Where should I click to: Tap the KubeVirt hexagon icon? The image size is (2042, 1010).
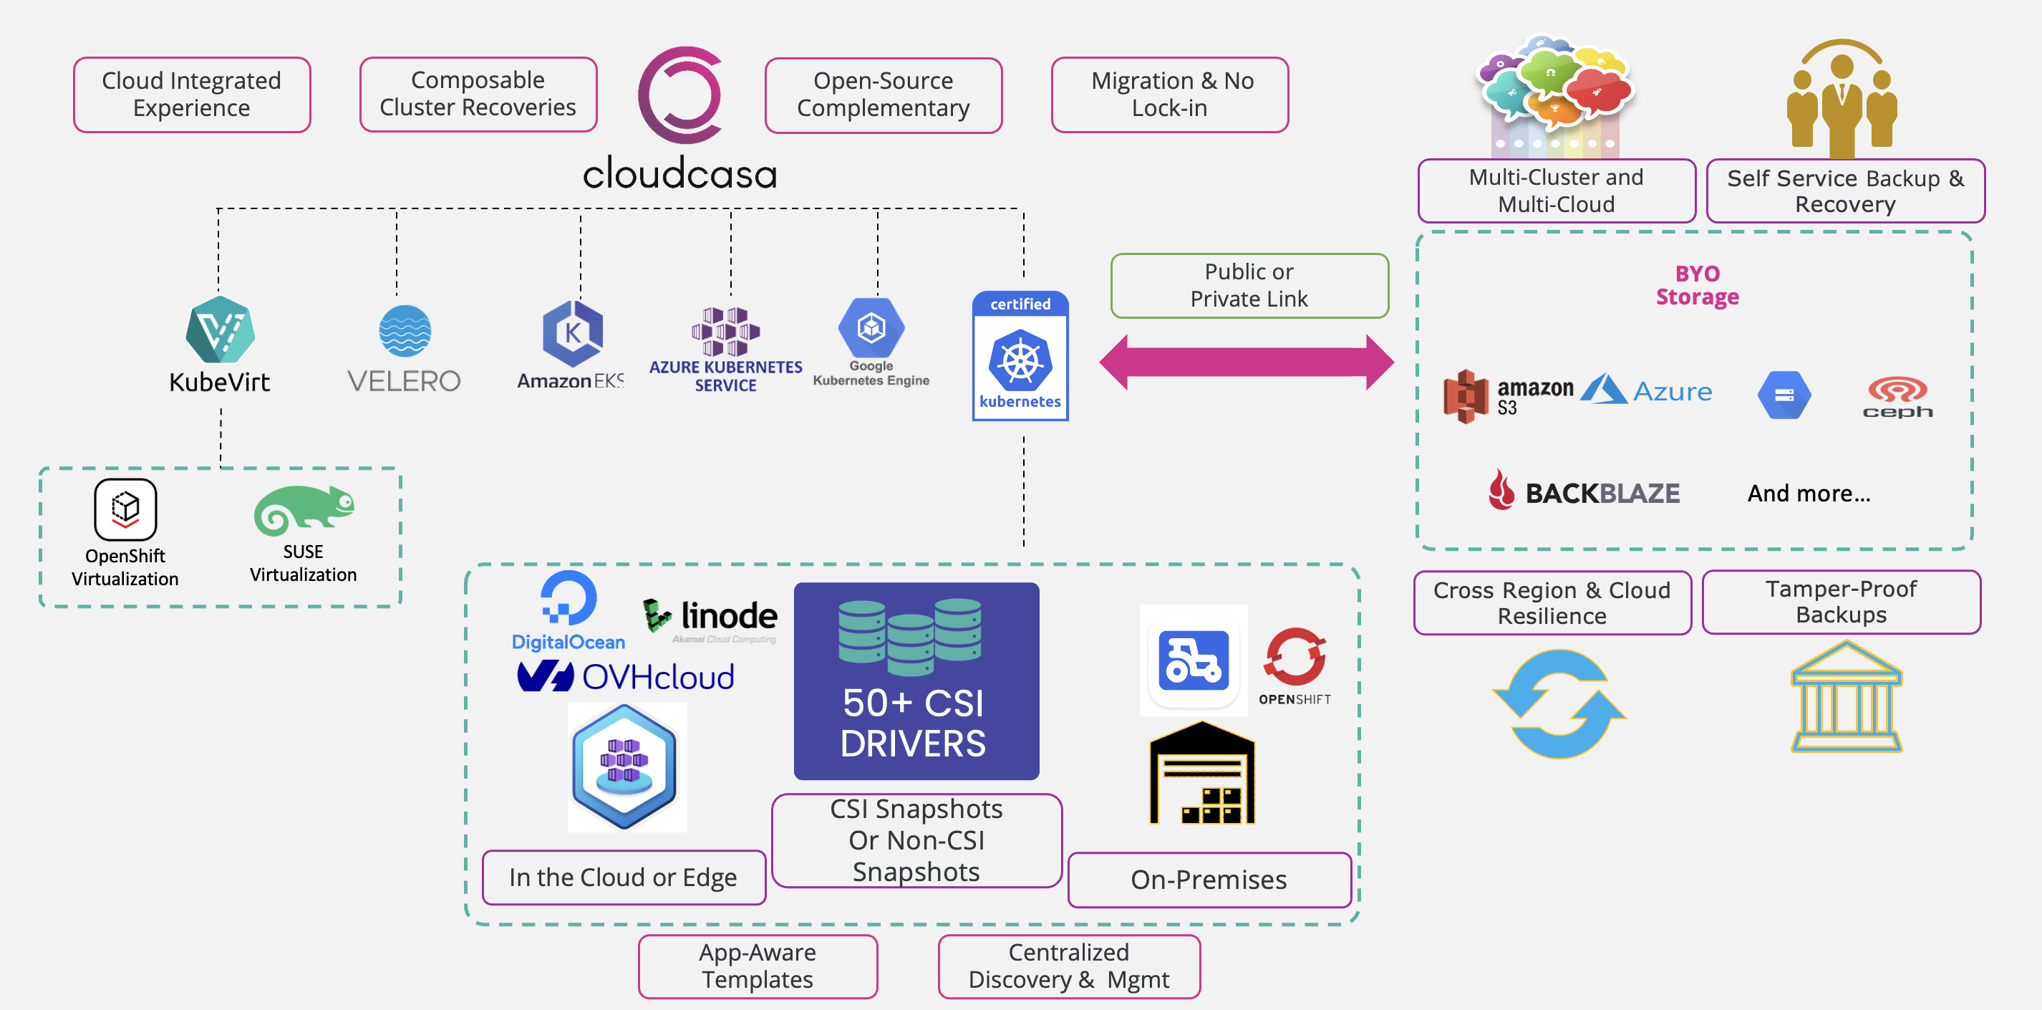[x=221, y=330]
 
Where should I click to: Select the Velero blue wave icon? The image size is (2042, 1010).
[x=405, y=332]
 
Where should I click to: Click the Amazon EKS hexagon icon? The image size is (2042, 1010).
[x=572, y=334]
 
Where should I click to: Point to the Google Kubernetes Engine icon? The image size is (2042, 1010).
[x=871, y=327]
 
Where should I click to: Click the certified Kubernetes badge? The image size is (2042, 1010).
[x=1020, y=356]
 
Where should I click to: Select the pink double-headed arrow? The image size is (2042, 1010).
[x=1246, y=362]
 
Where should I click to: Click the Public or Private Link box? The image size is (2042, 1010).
[x=1249, y=285]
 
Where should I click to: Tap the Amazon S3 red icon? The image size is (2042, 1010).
[x=1466, y=396]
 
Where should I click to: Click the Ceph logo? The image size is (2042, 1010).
[x=1897, y=396]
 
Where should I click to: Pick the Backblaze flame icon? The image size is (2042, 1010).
[x=1501, y=489]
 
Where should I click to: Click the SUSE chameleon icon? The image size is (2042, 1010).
[x=304, y=511]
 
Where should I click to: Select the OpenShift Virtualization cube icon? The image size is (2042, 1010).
[x=125, y=509]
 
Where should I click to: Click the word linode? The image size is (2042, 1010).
[x=730, y=615]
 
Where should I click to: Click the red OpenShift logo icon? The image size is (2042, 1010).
[x=1295, y=657]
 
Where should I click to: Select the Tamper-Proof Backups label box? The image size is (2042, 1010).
[x=1841, y=602]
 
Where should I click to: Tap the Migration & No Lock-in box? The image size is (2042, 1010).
[x=1170, y=95]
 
